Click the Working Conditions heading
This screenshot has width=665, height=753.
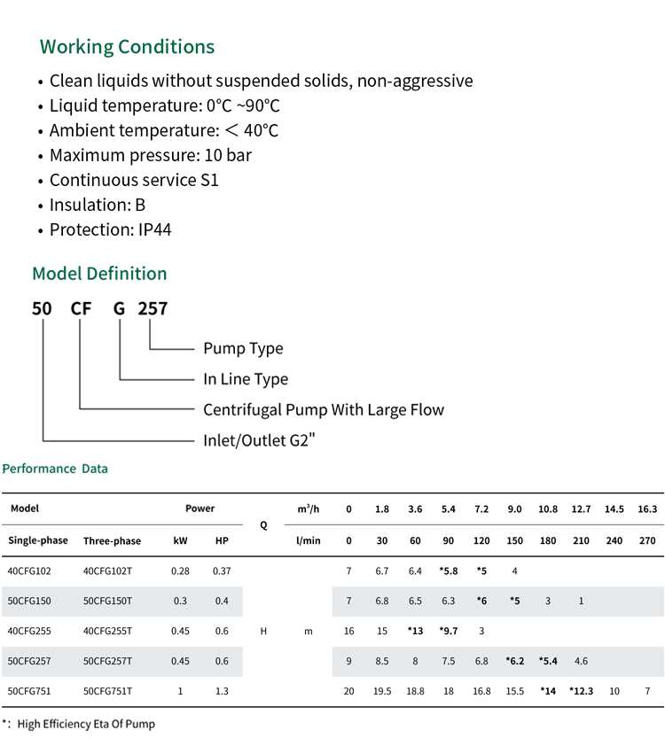tap(127, 47)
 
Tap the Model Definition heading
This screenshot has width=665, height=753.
tap(99, 274)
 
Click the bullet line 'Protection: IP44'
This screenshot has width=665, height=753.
tap(110, 229)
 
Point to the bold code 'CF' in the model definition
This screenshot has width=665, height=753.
tap(81, 308)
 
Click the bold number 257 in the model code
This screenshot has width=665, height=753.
tap(153, 308)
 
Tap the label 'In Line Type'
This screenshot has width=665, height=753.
tap(246, 379)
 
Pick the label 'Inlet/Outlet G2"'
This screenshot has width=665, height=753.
tap(259, 440)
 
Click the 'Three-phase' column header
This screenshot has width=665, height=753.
tap(112, 540)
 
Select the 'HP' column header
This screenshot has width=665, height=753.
tap(222, 540)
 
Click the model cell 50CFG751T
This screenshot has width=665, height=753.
tap(107, 691)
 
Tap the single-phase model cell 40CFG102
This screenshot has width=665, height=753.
tap(29, 571)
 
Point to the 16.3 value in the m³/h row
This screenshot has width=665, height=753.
tap(647, 509)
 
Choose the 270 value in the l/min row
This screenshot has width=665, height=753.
tap(647, 540)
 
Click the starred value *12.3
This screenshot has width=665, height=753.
tap(581, 691)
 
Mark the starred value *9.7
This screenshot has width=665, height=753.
tap(449, 631)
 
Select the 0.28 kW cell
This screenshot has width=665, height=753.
tap(180, 571)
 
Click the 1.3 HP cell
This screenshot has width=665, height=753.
tap(222, 691)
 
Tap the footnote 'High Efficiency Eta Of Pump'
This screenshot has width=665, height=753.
tap(86, 724)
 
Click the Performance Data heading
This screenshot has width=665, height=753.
tap(55, 469)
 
